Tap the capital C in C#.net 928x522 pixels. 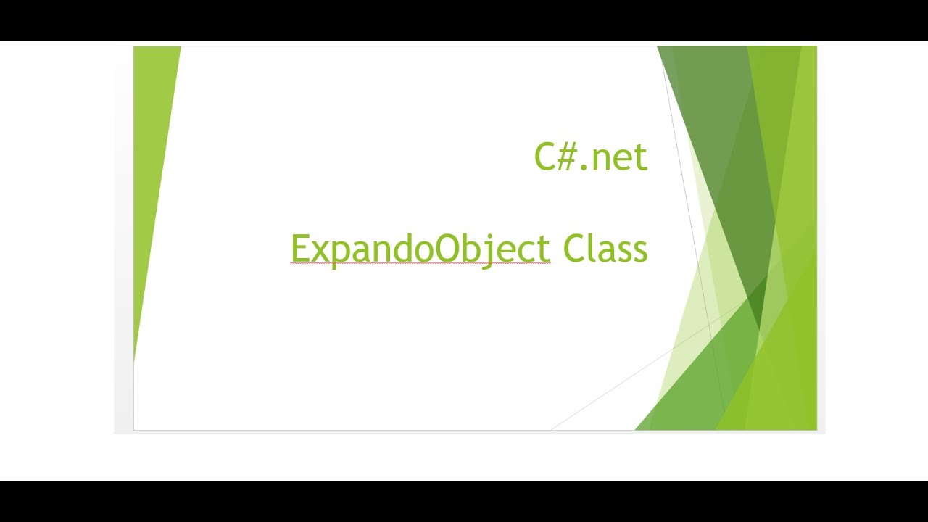pos(545,157)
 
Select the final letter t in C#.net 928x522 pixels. pos(639,159)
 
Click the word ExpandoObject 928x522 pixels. pos(420,249)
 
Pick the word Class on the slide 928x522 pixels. pos(605,249)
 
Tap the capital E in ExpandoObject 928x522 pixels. pos(299,249)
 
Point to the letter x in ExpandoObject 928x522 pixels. pos(319,252)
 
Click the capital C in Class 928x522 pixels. pos(573,249)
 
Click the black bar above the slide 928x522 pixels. pos(464,20)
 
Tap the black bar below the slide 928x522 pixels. pos(464,501)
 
